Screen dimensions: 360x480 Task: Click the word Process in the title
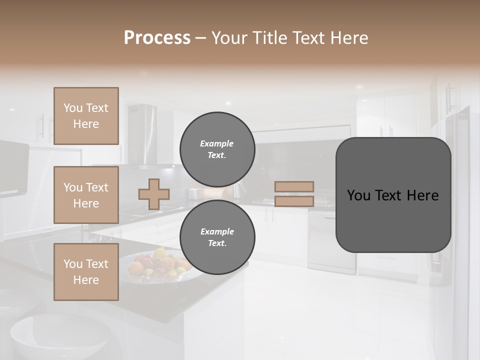[157, 38]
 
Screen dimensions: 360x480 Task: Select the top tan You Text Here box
[86, 116]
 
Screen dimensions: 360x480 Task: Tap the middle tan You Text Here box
[86, 195]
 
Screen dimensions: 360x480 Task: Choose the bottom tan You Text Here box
[86, 271]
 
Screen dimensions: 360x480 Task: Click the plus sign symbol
[154, 194]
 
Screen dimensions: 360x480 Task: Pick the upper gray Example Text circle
[217, 149]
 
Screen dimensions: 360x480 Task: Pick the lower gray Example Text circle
[217, 237]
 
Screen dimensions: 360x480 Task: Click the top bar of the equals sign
[294, 186]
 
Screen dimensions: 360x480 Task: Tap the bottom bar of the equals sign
[294, 201]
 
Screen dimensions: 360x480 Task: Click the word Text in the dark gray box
[387, 195]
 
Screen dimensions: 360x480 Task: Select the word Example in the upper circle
[217, 143]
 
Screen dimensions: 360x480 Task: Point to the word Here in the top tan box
[86, 124]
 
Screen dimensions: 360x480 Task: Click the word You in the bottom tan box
[73, 263]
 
